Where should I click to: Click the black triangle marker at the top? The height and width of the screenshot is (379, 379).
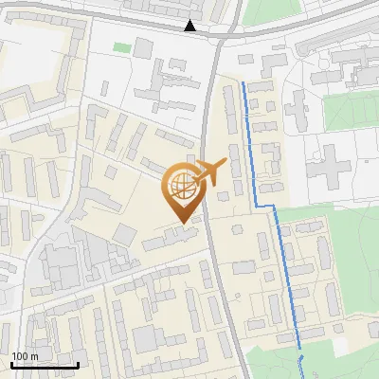[x=191, y=27]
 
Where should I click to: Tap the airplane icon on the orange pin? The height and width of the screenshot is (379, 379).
[x=211, y=171]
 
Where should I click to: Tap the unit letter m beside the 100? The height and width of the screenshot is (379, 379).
[x=34, y=356]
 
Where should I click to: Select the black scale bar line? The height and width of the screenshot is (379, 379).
[x=45, y=365]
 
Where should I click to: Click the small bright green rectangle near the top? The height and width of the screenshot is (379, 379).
[x=121, y=46]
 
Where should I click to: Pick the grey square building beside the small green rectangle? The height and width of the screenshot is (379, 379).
[x=144, y=47]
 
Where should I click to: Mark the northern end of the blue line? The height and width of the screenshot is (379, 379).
[x=244, y=83]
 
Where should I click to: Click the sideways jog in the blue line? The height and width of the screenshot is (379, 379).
[x=265, y=206]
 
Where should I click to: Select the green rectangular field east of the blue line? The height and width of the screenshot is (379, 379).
[x=351, y=112]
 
